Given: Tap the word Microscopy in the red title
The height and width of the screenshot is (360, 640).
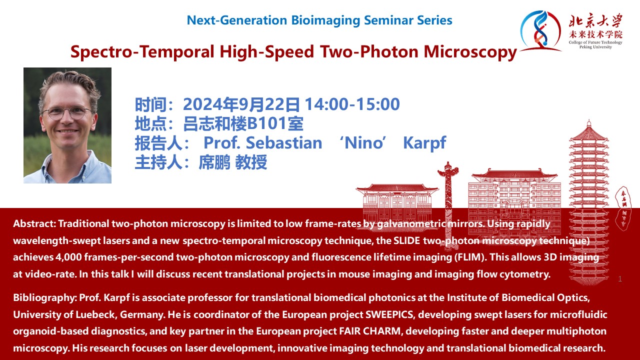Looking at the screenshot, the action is tap(470, 52).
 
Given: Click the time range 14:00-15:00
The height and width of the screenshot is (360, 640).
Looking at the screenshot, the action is tap(352, 104).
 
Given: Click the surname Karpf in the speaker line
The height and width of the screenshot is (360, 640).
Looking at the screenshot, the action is tap(424, 143).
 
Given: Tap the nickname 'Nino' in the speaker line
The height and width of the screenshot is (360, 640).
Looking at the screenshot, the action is tap(363, 142).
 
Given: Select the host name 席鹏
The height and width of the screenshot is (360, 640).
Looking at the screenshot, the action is tap(214, 162).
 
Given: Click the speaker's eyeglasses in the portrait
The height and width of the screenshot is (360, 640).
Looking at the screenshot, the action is tap(67, 112).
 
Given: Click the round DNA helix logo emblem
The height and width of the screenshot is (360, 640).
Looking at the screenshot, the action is tap(540, 30).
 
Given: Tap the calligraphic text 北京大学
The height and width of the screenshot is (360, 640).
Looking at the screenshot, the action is tap(595, 21).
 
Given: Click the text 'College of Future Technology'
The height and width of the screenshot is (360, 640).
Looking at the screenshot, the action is tap(595, 42).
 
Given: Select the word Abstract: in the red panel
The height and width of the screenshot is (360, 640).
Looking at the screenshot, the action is tap(34, 223).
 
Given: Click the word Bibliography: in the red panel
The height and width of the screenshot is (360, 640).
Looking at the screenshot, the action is tap(44, 298).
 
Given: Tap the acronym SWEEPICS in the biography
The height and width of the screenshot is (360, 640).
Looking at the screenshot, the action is tap(389, 314).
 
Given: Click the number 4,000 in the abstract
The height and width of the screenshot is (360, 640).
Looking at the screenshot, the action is tap(68, 257).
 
